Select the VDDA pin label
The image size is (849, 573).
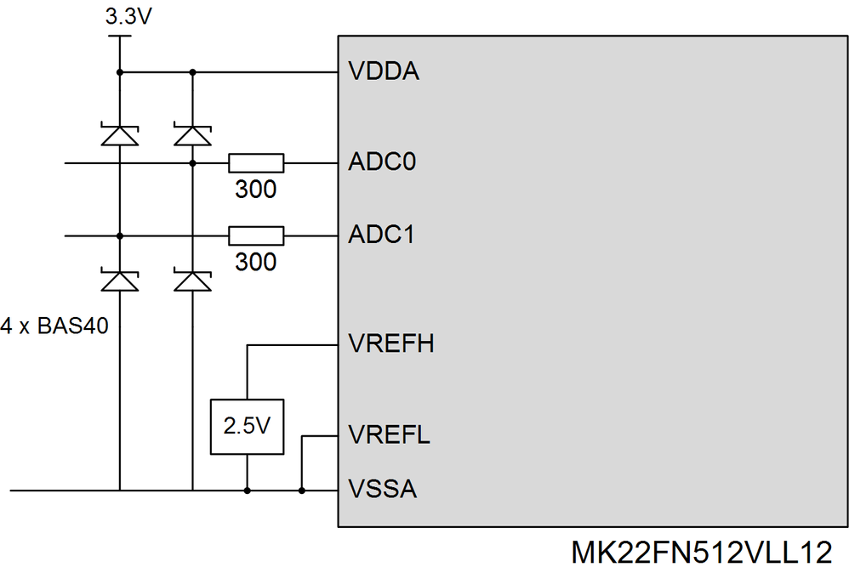click(x=384, y=72)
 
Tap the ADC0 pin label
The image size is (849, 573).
click(x=382, y=162)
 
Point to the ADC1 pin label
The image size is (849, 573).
click(x=382, y=235)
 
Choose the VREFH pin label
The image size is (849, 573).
click(x=391, y=344)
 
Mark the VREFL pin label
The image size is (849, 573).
click(x=389, y=436)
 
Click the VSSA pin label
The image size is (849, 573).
click(x=383, y=490)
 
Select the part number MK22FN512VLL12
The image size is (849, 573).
click(x=700, y=552)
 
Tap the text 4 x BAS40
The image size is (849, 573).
click(x=54, y=326)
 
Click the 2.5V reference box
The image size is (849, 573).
click(x=247, y=426)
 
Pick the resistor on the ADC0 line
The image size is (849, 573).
click(x=256, y=162)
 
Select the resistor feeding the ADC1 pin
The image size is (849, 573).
click(x=256, y=235)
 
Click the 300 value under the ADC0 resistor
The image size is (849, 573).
click(x=256, y=189)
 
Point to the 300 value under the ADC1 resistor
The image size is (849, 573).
click(x=256, y=262)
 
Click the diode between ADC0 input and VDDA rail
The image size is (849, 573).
click(x=192, y=135)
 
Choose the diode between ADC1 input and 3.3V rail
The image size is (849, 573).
click(x=119, y=135)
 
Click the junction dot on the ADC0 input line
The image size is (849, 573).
click(x=192, y=162)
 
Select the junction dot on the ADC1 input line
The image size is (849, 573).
click(x=119, y=235)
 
